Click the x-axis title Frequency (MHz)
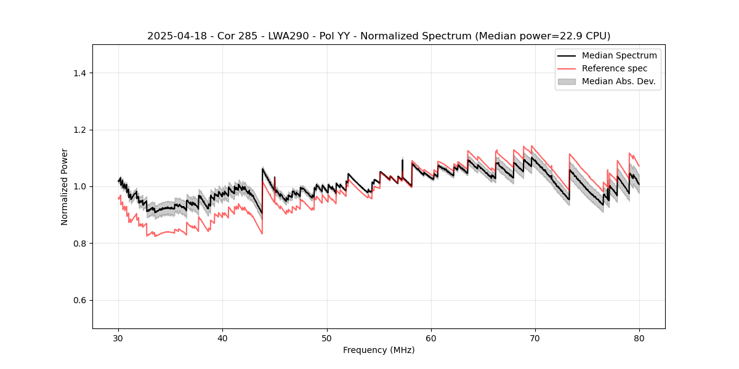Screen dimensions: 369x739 [x=379, y=350]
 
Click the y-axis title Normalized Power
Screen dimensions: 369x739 [x=65, y=186]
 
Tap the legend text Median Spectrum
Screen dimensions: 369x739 [x=619, y=55]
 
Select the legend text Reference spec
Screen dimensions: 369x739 [x=615, y=68]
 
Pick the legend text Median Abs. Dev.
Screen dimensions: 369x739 [x=618, y=81]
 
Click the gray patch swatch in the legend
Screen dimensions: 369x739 [x=567, y=81]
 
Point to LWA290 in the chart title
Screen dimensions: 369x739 [x=285, y=36]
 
